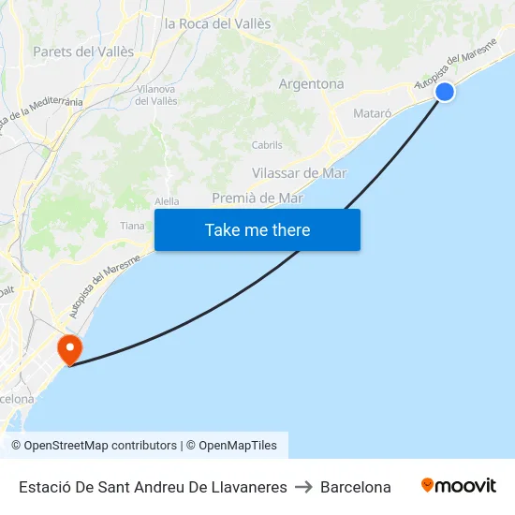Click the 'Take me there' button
257,229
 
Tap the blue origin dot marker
445,91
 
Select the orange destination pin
69,351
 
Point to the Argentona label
311,83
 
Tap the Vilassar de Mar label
300,173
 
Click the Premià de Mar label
257,198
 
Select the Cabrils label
267,145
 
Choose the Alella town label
166,201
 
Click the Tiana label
132,226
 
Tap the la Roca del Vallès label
217,23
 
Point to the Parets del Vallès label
83,51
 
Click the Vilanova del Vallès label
156,95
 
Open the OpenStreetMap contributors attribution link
100,446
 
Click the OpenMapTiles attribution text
238,446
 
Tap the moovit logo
459,486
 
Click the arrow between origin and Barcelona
303,487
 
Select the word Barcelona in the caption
356,487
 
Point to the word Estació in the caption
43,487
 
